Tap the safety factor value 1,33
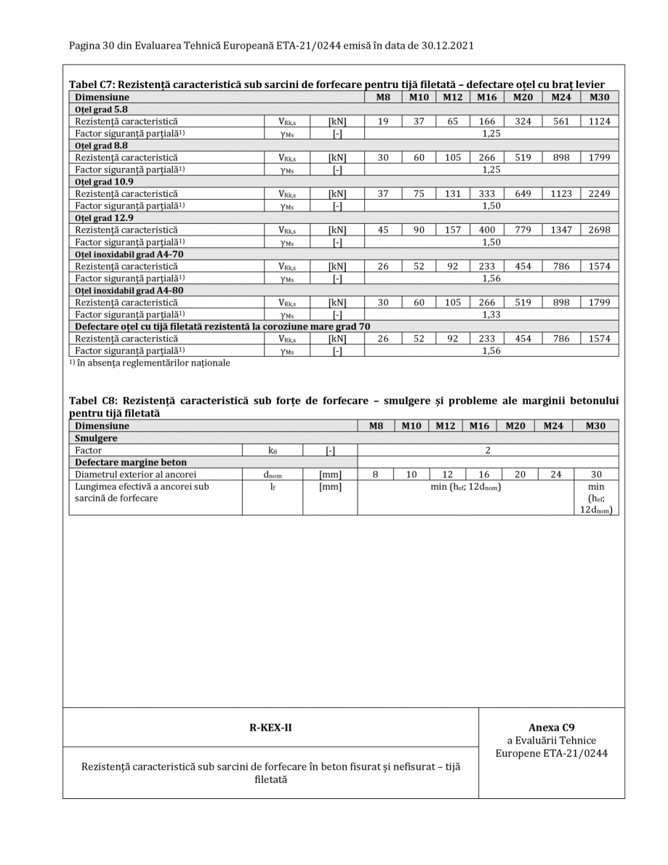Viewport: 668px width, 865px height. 491,313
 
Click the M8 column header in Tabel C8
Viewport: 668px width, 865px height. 375,425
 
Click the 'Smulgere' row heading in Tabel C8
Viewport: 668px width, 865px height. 95,439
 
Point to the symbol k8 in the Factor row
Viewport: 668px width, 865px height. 272,451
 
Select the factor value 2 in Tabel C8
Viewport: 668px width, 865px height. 488,451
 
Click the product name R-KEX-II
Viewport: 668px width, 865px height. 271,727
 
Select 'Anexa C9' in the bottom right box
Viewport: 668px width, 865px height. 552,727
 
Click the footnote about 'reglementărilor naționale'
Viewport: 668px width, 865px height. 150,363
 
